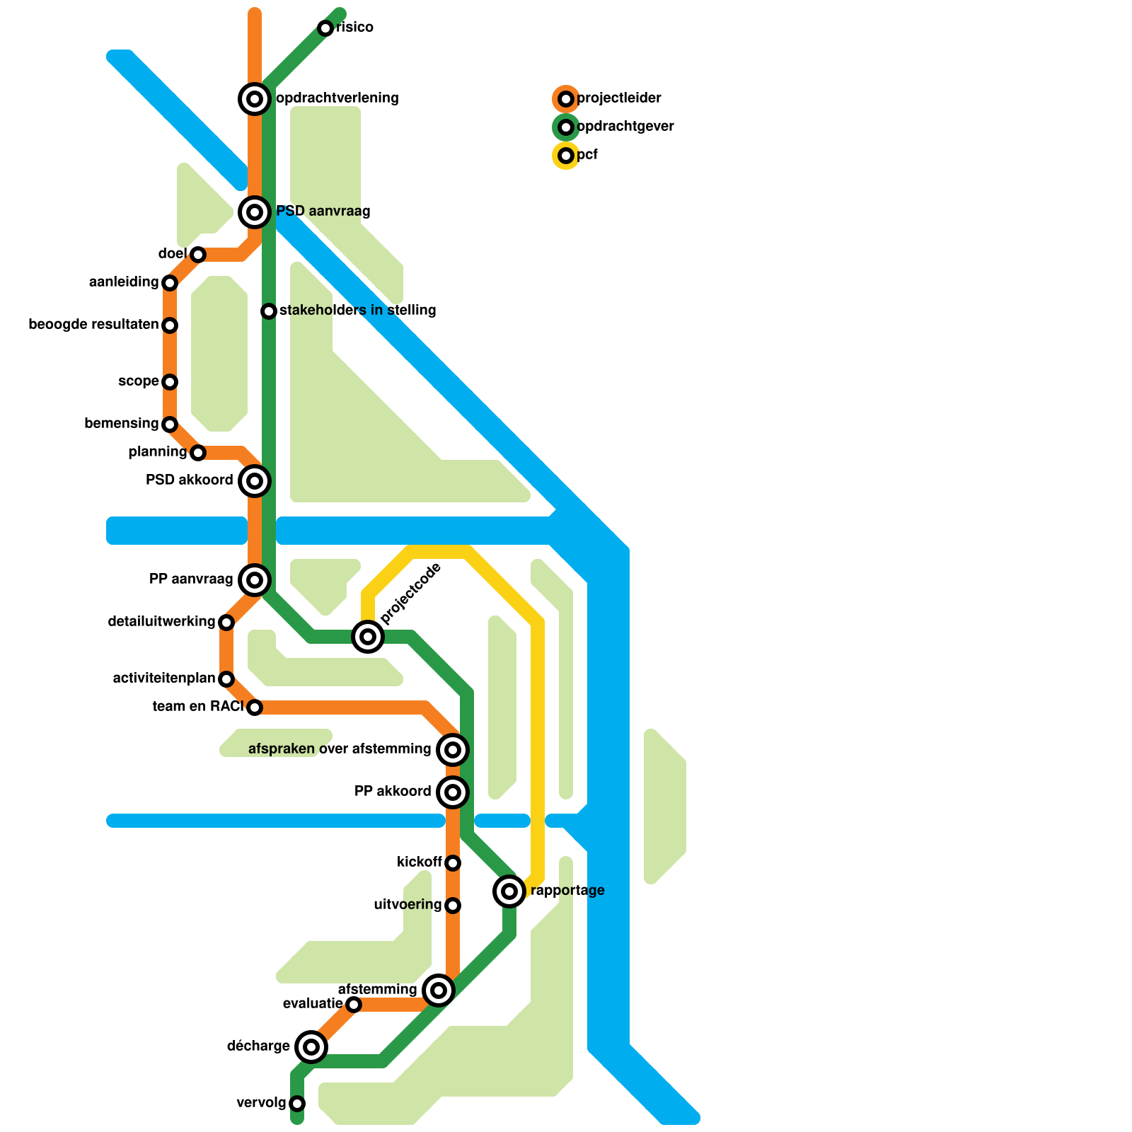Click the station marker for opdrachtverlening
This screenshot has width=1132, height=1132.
point(255,98)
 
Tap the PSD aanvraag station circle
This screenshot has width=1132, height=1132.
point(255,212)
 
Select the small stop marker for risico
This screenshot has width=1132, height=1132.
point(325,28)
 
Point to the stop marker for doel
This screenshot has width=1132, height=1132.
point(198,254)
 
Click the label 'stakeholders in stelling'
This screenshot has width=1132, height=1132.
point(357,310)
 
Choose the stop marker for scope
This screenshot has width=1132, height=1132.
point(170,382)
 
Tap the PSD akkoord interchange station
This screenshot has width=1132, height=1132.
point(255,481)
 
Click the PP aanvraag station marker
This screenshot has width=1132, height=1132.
point(255,580)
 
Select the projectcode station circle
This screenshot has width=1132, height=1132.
point(368,637)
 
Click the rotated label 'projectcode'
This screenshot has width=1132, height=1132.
point(410,594)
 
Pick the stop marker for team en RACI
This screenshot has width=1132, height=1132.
point(255,707)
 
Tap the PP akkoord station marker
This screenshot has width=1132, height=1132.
point(453,792)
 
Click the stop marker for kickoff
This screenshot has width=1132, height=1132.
point(453,862)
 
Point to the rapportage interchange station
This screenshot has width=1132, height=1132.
point(509,891)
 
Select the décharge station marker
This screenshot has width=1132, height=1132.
point(311,1046)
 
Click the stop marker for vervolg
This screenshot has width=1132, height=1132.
point(297,1104)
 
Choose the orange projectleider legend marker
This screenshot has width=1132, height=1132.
point(566,98)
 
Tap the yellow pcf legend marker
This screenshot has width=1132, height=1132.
point(566,155)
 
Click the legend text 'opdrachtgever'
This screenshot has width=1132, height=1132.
point(625,127)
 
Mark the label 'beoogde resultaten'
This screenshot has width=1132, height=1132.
point(93,325)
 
